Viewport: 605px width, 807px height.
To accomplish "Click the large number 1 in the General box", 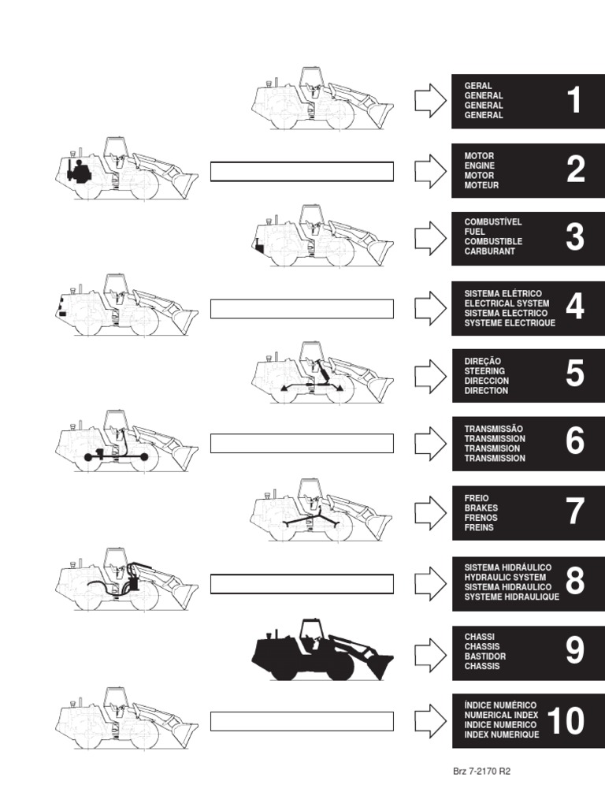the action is pyautogui.click(x=574, y=100).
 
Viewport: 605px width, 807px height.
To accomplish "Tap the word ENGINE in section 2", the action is pyautogui.click(x=480, y=165).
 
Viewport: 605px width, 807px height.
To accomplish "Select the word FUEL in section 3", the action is pyautogui.click(x=474, y=232).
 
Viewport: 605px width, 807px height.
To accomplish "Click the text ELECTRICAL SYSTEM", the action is pyautogui.click(x=507, y=303).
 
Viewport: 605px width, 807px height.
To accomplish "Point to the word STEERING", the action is pyautogui.click(x=484, y=371).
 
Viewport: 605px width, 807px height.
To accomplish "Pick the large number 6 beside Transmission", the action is pyautogui.click(x=574, y=441).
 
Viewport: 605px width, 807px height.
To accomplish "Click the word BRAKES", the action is pyautogui.click(x=481, y=508).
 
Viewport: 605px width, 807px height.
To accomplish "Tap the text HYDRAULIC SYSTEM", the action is pyautogui.click(x=505, y=578).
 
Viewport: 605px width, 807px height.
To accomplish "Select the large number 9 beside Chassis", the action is pyautogui.click(x=574, y=650).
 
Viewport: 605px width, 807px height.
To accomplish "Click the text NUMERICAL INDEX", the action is pyautogui.click(x=501, y=716).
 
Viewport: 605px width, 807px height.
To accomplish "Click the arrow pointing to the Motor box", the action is pyautogui.click(x=431, y=171).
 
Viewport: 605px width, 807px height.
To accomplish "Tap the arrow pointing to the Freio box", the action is pyautogui.click(x=431, y=513).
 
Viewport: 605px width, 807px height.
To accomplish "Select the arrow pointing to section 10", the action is pyautogui.click(x=431, y=720).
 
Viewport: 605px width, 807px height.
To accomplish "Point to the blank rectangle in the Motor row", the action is pyautogui.click(x=302, y=171).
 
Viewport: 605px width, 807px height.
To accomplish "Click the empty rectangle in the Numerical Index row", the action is pyautogui.click(x=302, y=721).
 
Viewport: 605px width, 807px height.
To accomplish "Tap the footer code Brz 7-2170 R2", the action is pyautogui.click(x=481, y=771).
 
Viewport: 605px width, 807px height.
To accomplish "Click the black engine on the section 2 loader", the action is pyautogui.click(x=79, y=170).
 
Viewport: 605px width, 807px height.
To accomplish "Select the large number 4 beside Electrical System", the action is pyautogui.click(x=574, y=307).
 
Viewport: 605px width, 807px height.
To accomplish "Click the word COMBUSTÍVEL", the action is pyautogui.click(x=493, y=221).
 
